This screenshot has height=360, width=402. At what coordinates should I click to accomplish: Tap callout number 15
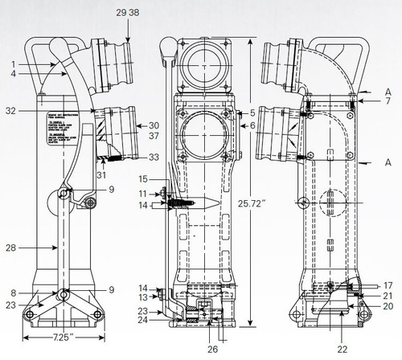click(143, 178)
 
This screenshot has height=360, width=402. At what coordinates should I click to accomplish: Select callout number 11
click(142, 193)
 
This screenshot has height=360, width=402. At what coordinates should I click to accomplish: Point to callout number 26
click(211, 349)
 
